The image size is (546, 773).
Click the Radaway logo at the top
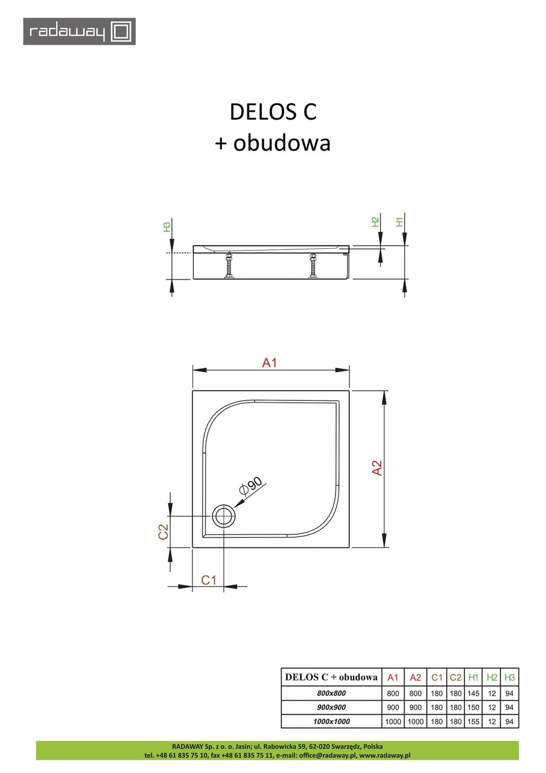(x=79, y=31)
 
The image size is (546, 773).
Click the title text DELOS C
(x=273, y=112)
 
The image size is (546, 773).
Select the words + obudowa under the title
(x=273, y=143)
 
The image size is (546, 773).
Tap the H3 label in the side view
(x=167, y=228)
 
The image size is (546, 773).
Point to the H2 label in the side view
(x=375, y=222)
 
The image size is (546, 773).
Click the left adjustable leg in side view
(x=229, y=266)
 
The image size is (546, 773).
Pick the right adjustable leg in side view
(x=313, y=266)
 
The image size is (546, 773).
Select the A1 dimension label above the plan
(x=269, y=362)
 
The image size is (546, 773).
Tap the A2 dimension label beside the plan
(x=377, y=468)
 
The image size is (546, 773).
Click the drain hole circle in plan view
(x=224, y=517)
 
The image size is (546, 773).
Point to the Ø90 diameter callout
(x=250, y=486)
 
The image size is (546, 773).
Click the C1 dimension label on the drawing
(x=209, y=580)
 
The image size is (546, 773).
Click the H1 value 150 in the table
(x=474, y=707)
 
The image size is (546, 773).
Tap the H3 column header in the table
(x=510, y=677)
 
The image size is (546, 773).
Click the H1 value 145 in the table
(x=474, y=693)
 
